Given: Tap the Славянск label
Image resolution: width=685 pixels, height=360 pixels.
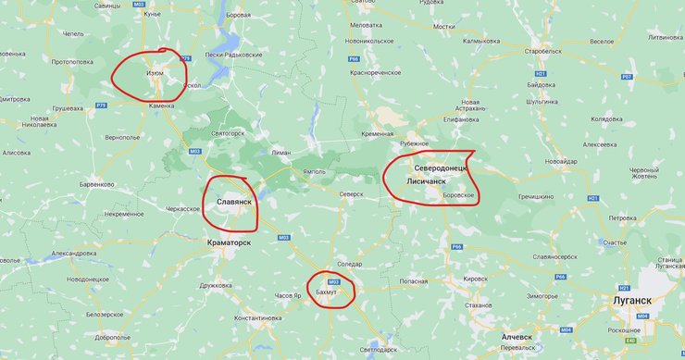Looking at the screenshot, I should point(234,200).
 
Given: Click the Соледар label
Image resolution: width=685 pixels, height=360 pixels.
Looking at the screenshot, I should point(350,265).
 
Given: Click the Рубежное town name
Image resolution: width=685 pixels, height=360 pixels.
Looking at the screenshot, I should point(413,143).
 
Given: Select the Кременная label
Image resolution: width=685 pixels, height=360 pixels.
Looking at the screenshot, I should point(377,134).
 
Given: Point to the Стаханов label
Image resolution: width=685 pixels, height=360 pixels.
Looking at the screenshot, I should point(479,304).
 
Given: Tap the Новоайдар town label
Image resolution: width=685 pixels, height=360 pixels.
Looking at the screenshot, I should point(561,161).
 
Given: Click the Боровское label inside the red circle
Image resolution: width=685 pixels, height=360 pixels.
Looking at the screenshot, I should point(459,195).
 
